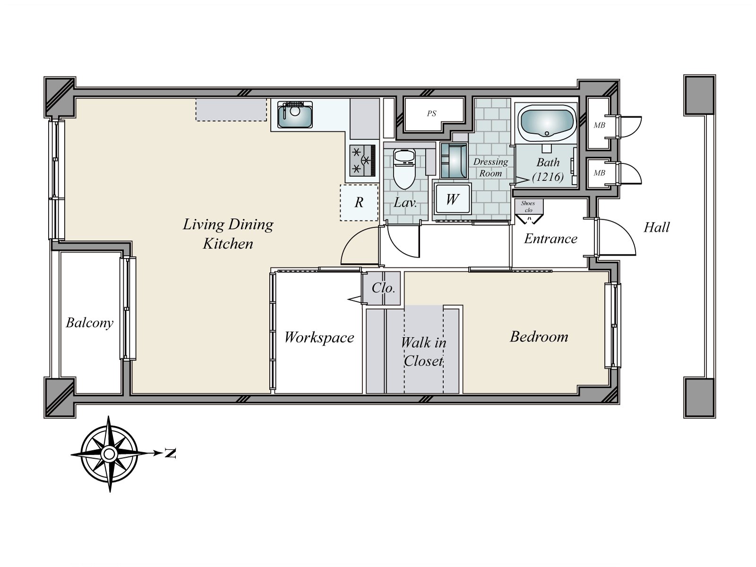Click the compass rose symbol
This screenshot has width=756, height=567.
[110, 454]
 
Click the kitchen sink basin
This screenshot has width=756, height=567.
[295, 115]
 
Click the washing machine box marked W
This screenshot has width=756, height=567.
[452, 199]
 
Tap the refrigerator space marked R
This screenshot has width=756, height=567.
[359, 203]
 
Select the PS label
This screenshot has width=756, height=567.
[431, 114]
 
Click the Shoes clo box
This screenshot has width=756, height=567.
[528, 206]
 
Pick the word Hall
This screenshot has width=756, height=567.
[656, 228]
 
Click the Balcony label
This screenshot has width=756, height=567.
[90, 323]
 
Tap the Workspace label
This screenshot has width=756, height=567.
[319, 337]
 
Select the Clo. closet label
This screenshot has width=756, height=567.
[383, 288]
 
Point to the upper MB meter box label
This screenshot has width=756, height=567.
[599, 125]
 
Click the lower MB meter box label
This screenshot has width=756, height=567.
[599, 173]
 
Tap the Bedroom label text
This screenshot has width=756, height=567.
[539, 337]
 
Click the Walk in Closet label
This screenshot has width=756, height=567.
[423, 352]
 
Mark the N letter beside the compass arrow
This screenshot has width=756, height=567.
[171, 454]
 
